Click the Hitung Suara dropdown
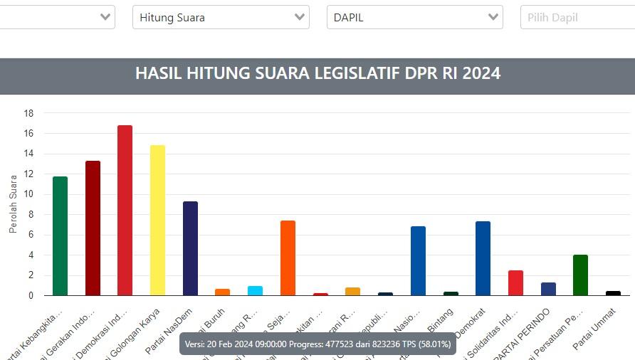coord(221,17)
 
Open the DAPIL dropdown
coord(414,17)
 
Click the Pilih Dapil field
coord(577,17)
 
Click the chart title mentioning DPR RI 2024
coord(317,73)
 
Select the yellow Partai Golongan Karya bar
coord(157,221)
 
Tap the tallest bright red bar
coord(125,211)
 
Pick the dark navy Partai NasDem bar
coord(190,248)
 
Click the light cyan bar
coord(255,291)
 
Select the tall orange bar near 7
coord(288,258)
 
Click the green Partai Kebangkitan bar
coord(60,236)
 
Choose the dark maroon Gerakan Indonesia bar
coord(93,228)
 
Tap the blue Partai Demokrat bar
coord(483,258)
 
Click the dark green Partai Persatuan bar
coord(580,275)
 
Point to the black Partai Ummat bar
coord(613,293)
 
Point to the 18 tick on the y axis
coord(29,113)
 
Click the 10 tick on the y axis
coord(29,194)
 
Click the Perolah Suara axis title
coord(13,204)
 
